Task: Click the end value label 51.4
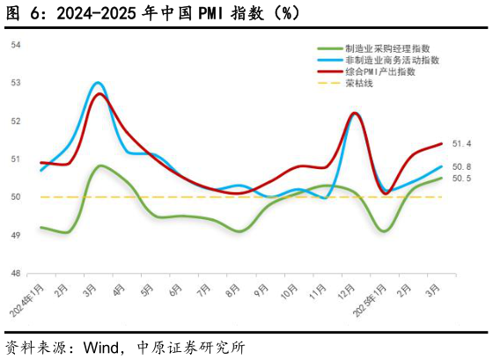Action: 461,143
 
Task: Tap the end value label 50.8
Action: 461,166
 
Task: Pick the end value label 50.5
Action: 461,178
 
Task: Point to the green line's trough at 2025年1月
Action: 384,231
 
